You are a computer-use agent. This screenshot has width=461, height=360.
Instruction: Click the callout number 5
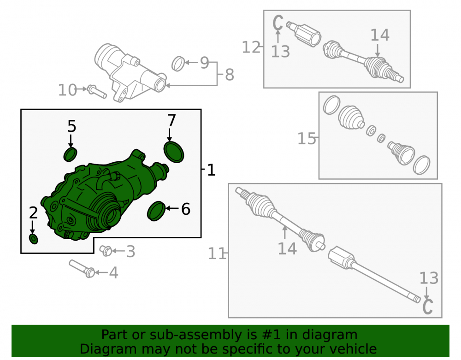click(72, 126)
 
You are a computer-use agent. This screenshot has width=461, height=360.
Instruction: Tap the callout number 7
click(171, 120)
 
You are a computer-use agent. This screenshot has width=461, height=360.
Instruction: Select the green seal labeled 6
click(156, 211)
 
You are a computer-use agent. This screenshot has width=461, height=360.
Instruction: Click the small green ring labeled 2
click(34, 239)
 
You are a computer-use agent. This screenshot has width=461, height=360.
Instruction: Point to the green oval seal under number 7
click(174, 152)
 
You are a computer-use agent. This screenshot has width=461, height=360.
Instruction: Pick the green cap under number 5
click(70, 154)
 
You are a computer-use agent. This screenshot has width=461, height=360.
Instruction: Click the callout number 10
click(67, 90)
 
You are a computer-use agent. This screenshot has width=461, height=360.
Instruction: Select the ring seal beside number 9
click(178, 64)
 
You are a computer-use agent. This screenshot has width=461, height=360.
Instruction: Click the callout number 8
click(229, 75)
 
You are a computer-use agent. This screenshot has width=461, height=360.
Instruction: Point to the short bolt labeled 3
click(106, 251)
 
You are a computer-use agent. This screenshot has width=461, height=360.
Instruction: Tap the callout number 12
click(251, 47)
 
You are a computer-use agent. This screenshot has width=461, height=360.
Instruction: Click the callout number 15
click(307, 138)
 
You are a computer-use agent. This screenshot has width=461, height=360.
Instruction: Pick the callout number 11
click(217, 254)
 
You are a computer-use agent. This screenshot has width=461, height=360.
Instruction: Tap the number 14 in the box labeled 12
click(380, 35)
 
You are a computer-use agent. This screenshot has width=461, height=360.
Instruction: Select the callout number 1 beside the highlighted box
click(212, 170)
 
